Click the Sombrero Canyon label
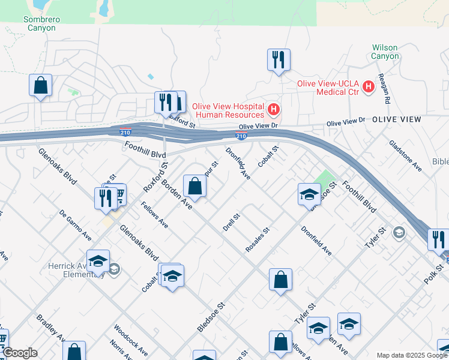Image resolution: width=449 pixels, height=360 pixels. click(x=41, y=23)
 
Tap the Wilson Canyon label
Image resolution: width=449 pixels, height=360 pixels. click(x=385, y=52)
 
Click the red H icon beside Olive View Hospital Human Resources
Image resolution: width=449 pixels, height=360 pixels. click(x=274, y=109)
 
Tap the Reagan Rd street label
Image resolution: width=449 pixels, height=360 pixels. click(x=383, y=88)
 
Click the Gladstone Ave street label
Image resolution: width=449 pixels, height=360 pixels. click(x=405, y=156)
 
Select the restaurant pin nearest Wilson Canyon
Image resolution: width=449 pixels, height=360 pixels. click(x=279, y=60)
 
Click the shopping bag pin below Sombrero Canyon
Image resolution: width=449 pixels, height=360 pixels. click(x=40, y=85)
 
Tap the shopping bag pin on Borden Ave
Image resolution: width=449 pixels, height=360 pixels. click(x=195, y=186)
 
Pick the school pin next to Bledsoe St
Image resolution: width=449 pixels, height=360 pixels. click(x=309, y=194)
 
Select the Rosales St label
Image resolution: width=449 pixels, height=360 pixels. click(x=258, y=239)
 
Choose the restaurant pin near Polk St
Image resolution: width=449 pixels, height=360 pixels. click(x=438, y=240)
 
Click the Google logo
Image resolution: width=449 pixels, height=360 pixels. click(x=20, y=353)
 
